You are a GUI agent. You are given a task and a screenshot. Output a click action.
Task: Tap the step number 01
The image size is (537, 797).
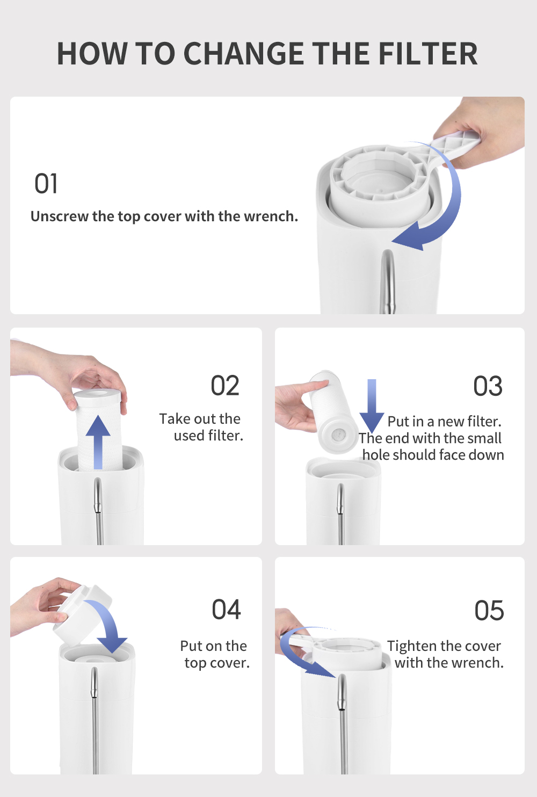coord(46,184)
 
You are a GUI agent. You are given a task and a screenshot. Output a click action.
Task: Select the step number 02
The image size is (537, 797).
coord(225,385)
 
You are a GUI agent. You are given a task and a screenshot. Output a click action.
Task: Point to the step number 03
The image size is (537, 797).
coord(488,386)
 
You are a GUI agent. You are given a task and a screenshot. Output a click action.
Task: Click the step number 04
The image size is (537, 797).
coord(226,609)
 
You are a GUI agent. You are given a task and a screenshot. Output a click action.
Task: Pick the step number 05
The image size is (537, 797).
coord(489,610)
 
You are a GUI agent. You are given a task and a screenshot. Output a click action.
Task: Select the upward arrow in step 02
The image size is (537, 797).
coord(98,442)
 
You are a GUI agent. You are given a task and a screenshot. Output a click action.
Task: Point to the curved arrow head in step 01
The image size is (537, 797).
coord(409,237)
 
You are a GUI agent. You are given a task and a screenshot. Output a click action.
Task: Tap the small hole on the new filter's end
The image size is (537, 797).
coord(338,434)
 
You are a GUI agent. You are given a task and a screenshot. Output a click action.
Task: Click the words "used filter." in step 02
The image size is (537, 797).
coord(208,436)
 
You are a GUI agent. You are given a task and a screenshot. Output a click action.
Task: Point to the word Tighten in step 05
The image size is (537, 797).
coord(411,646)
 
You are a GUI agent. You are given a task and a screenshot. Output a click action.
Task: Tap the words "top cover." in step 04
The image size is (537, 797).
coord(217,663)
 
